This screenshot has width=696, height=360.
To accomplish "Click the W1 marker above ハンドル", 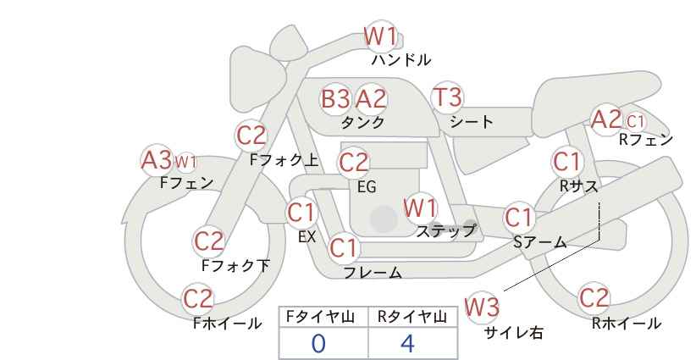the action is (381, 36).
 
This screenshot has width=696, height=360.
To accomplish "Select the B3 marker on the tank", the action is (335, 98).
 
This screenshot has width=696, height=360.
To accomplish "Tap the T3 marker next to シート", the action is (447, 97).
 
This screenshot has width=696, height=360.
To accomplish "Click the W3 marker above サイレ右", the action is (482, 307).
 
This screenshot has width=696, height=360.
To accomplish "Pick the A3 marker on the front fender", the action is (157, 160).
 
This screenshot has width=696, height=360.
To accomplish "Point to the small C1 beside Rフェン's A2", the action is (635, 121).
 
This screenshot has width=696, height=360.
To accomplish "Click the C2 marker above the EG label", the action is (354, 163).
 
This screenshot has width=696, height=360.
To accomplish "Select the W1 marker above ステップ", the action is (420, 208).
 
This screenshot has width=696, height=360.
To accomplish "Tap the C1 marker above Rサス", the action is (566, 162).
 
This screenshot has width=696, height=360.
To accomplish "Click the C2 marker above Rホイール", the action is (594, 298).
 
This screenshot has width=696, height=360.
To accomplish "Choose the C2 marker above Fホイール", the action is (198, 298).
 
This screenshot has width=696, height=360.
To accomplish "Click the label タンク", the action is (362, 122).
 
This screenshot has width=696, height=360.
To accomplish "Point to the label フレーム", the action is (373, 272).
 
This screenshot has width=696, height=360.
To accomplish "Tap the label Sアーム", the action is (539, 242).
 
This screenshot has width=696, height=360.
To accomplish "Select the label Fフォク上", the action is (284, 160).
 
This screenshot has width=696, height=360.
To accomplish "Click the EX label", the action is (307, 236).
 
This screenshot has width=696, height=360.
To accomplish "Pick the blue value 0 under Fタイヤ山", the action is (318, 343).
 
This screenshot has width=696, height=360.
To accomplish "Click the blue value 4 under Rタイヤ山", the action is (407, 343).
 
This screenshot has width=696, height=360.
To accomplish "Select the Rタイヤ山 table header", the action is (412, 318).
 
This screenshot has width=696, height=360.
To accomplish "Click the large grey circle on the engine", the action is (384, 219).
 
